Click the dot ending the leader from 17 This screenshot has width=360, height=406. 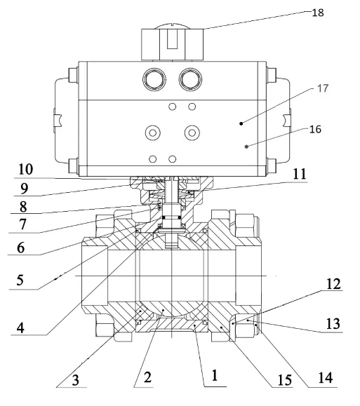tap(241, 123)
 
